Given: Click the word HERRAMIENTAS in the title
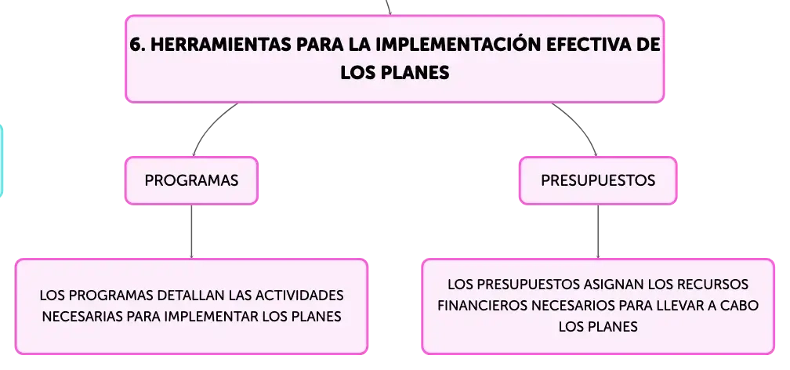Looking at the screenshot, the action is click(221, 45).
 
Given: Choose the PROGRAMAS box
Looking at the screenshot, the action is click(191, 180).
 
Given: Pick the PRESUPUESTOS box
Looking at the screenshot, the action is click(598, 180).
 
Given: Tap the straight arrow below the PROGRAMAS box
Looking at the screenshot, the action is click(191, 232).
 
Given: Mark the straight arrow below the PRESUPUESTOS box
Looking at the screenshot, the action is click(598, 232).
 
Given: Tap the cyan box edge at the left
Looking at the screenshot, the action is click(2, 160).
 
